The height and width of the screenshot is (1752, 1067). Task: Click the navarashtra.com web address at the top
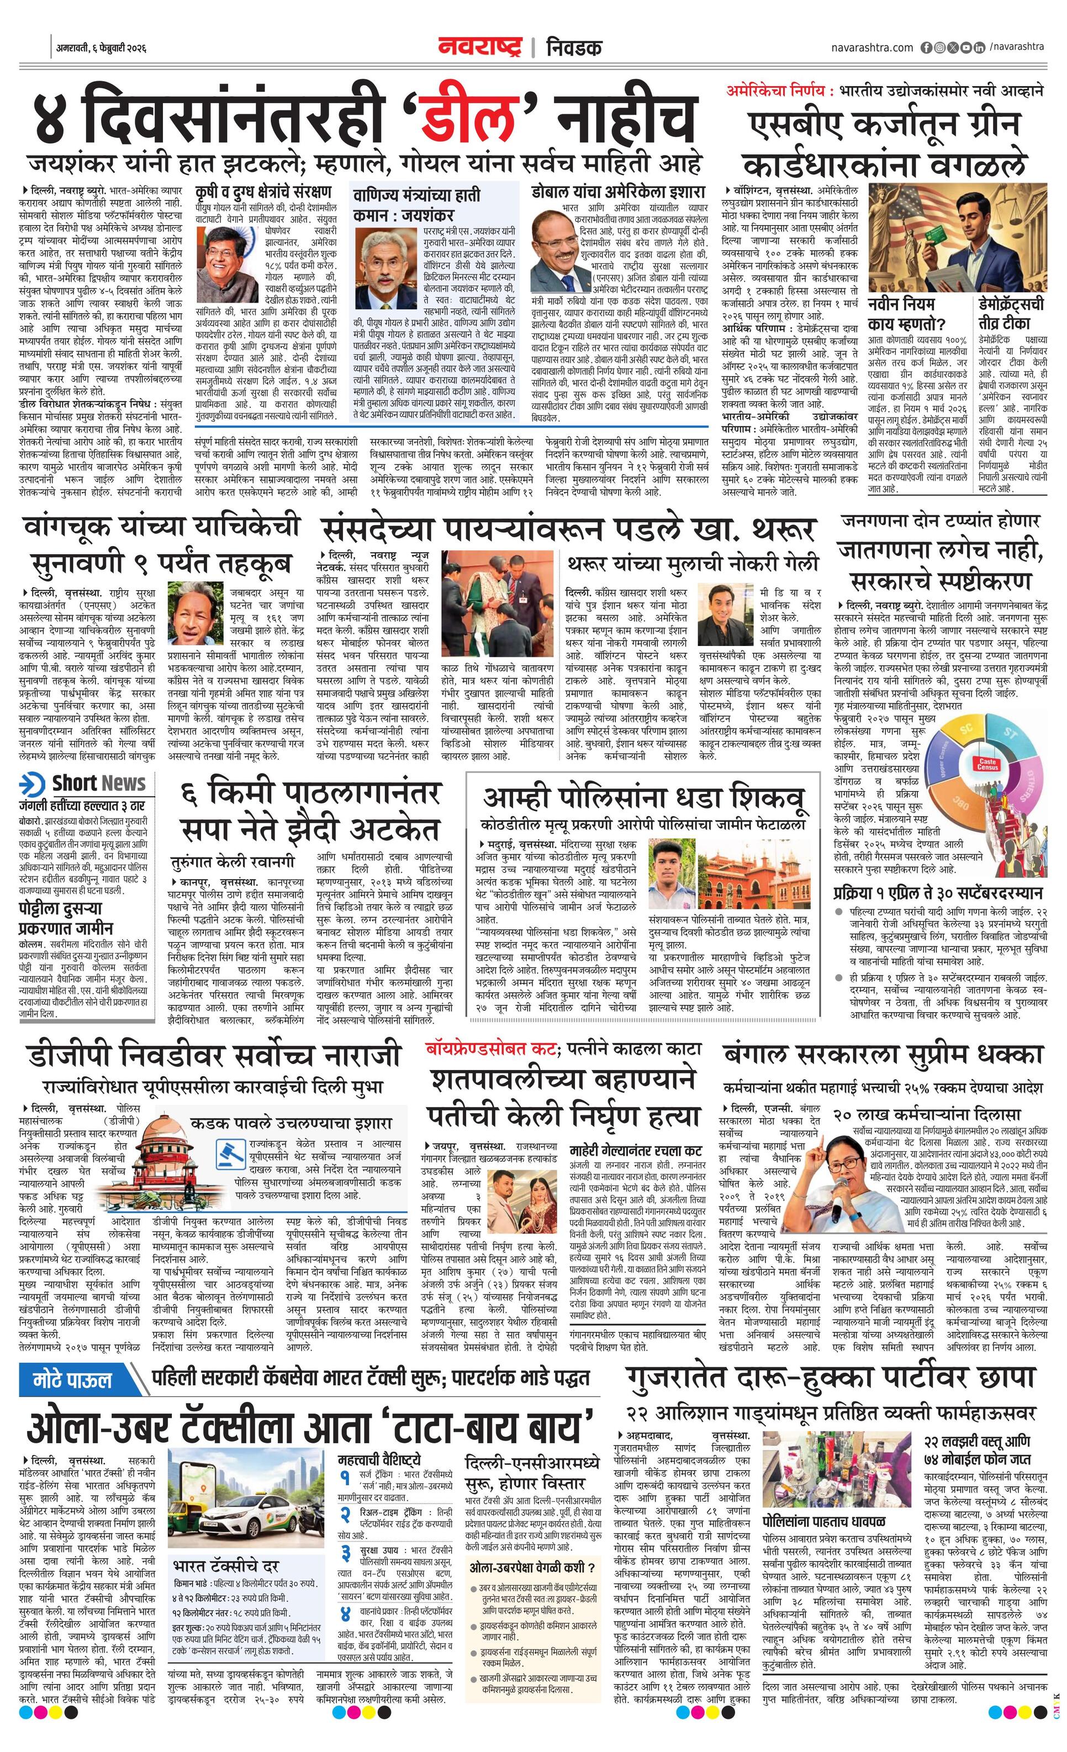tap(871, 47)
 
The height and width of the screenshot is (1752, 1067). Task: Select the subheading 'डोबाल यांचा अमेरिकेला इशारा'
tap(617, 193)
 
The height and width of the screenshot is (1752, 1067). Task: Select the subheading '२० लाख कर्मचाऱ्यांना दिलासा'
tap(928, 1114)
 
